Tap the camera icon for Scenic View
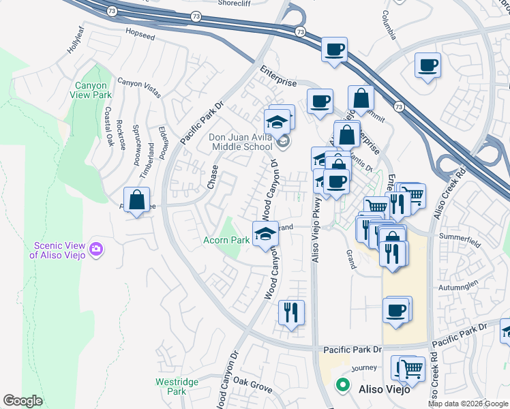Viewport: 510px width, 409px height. (x=95, y=249)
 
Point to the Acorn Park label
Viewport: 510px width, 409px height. (x=226, y=240)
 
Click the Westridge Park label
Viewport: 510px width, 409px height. (x=171, y=387)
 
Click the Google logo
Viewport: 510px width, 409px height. (x=22, y=401)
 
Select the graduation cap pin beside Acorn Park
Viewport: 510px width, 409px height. (x=265, y=234)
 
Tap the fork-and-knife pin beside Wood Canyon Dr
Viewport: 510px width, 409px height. (x=291, y=312)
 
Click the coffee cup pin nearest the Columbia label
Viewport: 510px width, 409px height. (x=427, y=65)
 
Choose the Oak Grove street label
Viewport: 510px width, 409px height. (x=252, y=384)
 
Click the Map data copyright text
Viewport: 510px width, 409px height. (x=468, y=403)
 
